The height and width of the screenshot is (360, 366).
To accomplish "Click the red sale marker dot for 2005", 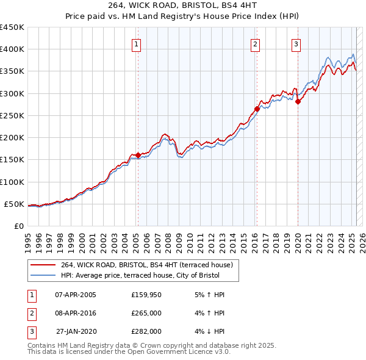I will [x=138, y=155].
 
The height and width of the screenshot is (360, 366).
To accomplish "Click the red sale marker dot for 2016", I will [x=257, y=109].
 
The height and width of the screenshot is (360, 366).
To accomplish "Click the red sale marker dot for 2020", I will [x=298, y=102].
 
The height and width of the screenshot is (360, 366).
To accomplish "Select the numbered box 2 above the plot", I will [x=254, y=44].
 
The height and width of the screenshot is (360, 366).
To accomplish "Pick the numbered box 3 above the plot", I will [x=295, y=44].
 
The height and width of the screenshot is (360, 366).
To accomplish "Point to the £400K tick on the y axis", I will [x=12, y=49].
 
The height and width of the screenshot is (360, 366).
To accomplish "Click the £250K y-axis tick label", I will [x=12, y=115].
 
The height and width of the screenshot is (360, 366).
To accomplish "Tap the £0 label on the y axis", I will [x=18, y=226].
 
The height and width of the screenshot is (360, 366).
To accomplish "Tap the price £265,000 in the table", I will [x=146, y=313].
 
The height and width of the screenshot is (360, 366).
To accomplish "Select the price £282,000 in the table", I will [x=146, y=331].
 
